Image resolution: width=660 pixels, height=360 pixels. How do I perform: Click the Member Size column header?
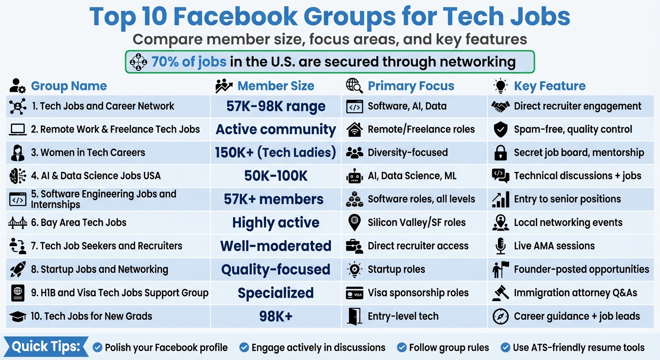[276, 86]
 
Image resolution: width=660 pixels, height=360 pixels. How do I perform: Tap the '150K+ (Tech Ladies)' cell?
[276, 153]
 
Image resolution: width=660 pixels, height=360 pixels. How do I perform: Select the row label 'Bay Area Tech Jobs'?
[79, 223]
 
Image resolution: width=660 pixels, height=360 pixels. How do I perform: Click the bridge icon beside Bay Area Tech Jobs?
[18, 223]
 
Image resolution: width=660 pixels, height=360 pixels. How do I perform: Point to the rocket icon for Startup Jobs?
[18, 270]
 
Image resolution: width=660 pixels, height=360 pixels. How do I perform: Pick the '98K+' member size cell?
[276, 316]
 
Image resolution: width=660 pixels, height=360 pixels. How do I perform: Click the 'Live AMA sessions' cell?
[554, 246]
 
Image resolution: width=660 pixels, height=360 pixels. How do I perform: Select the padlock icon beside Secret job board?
[501, 153]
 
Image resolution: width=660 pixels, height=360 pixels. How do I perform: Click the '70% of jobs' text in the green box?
[189, 62]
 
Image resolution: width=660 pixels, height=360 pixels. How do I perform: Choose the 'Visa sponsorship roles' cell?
[418, 293]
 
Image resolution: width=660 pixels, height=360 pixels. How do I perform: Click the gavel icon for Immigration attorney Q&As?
[501, 293]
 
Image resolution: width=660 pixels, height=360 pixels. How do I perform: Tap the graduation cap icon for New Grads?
[18, 316]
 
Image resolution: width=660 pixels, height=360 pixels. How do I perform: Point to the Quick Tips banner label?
[46, 347]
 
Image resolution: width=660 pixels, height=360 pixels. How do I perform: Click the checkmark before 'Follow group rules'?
[402, 347]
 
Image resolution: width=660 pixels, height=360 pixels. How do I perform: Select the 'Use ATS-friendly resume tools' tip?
[578, 347]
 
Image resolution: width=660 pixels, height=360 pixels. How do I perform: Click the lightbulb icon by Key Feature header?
[501, 86]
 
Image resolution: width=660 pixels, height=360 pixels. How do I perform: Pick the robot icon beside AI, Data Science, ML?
[354, 176]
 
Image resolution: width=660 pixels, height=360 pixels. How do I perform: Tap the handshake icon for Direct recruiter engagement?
[501, 106]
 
